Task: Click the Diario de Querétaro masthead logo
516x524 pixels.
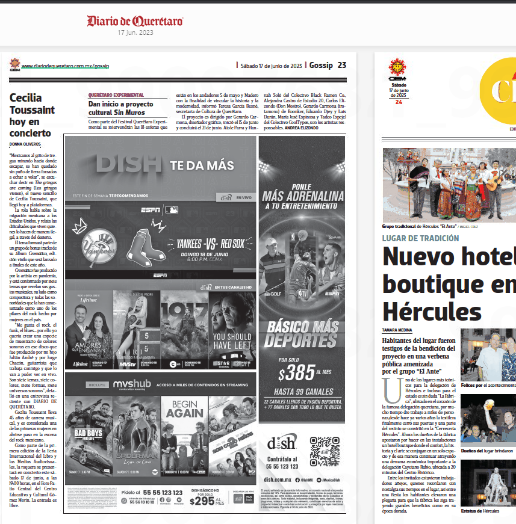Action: click(135, 21)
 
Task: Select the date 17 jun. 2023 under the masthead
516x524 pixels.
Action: click(135, 32)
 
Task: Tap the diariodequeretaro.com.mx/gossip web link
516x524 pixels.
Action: click(66, 66)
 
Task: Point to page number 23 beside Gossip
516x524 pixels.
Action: click(341, 65)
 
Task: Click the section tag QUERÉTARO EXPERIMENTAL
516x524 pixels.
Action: click(116, 95)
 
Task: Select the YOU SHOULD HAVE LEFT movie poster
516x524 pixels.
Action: click(232, 329)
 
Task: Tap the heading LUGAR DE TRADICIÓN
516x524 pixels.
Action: click(420, 238)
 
